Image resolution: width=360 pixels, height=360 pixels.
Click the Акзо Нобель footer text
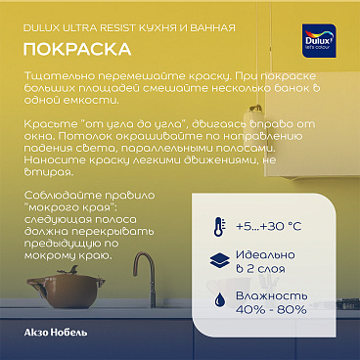pos(54,334)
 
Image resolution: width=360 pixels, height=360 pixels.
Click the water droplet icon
pos(217,298)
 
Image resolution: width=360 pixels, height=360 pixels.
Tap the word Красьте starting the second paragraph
pos(50,124)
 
